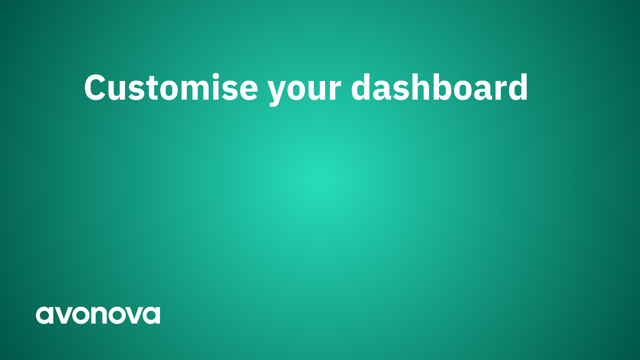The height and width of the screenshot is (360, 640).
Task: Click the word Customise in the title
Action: pos(171,87)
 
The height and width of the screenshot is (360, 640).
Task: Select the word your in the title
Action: pos(305,90)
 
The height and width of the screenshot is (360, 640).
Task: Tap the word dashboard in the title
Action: pos(439,87)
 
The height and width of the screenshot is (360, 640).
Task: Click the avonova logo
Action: pos(98,315)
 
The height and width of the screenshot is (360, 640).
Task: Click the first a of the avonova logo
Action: pos(44,315)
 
